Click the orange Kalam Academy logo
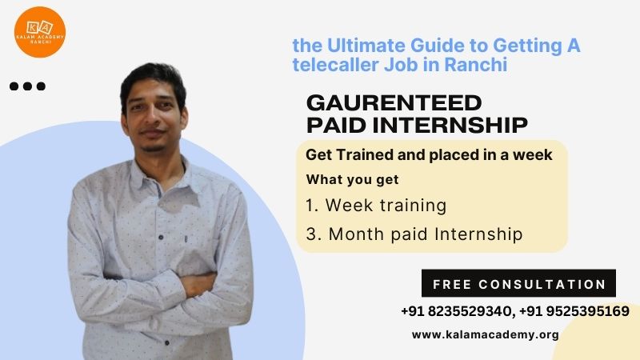[39, 32]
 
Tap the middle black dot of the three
[27, 86]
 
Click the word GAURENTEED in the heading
[394, 103]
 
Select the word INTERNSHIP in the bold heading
[450, 125]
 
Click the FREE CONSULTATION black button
[518, 283]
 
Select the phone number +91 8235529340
[456, 311]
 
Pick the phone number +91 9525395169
[574, 311]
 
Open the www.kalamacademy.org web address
[486, 334]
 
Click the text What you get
[352, 179]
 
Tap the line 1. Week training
[376, 206]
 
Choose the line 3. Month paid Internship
[414, 234]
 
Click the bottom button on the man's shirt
[167, 343]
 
